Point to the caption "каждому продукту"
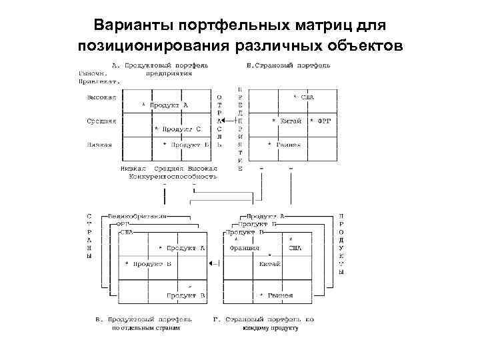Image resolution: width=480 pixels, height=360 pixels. coord(271,328)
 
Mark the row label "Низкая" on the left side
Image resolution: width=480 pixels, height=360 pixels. coord(99,144)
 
